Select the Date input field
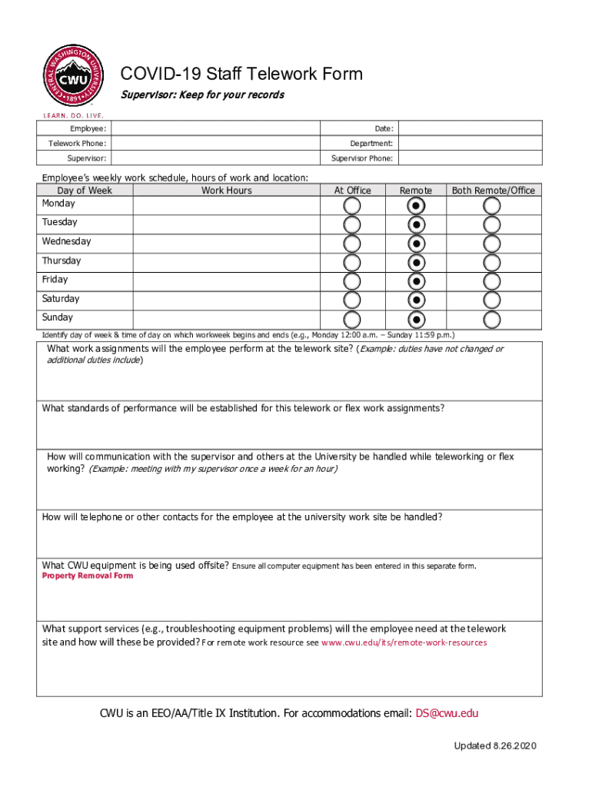point(470,129)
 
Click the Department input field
point(470,144)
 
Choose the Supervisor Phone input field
point(470,158)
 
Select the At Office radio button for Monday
point(351,206)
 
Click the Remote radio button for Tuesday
point(416,224)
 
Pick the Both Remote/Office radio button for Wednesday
point(492,244)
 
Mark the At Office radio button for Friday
point(351,281)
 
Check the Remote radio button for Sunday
point(416,319)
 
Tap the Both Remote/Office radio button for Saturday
point(492,301)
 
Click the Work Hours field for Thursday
point(226,263)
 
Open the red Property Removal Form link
point(88,576)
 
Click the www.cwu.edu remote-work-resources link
point(404,643)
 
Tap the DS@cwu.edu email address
point(447,713)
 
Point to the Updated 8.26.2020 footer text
point(495,746)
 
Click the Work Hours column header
point(226,191)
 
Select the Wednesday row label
point(66,241)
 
